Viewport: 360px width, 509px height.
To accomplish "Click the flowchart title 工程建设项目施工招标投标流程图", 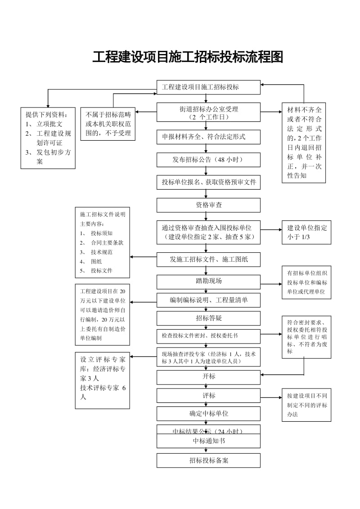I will point(188,58).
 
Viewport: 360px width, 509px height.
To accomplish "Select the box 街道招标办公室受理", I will point(208,112).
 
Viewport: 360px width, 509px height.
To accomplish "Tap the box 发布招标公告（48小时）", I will point(208,160).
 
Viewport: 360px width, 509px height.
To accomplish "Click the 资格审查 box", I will point(208,205).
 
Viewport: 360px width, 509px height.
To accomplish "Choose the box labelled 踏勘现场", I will point(208,281).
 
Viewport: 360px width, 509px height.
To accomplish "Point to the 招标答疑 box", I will point(208,318).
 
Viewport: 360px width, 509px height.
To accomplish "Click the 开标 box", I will point(208,377).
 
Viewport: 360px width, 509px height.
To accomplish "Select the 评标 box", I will point(208,396).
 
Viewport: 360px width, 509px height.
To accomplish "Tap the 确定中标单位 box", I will point(208,414).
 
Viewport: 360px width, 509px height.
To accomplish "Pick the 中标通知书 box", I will point(208,441).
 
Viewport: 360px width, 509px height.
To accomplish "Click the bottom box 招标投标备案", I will point(208,460).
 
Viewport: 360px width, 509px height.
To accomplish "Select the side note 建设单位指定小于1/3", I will point(306,232).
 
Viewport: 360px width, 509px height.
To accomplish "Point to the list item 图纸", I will point(96,261).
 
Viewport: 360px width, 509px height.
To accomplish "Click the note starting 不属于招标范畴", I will point(108,124).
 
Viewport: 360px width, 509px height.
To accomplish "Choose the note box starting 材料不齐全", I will point(304,143).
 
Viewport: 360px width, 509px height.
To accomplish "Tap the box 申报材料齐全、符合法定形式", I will point(208,137).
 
